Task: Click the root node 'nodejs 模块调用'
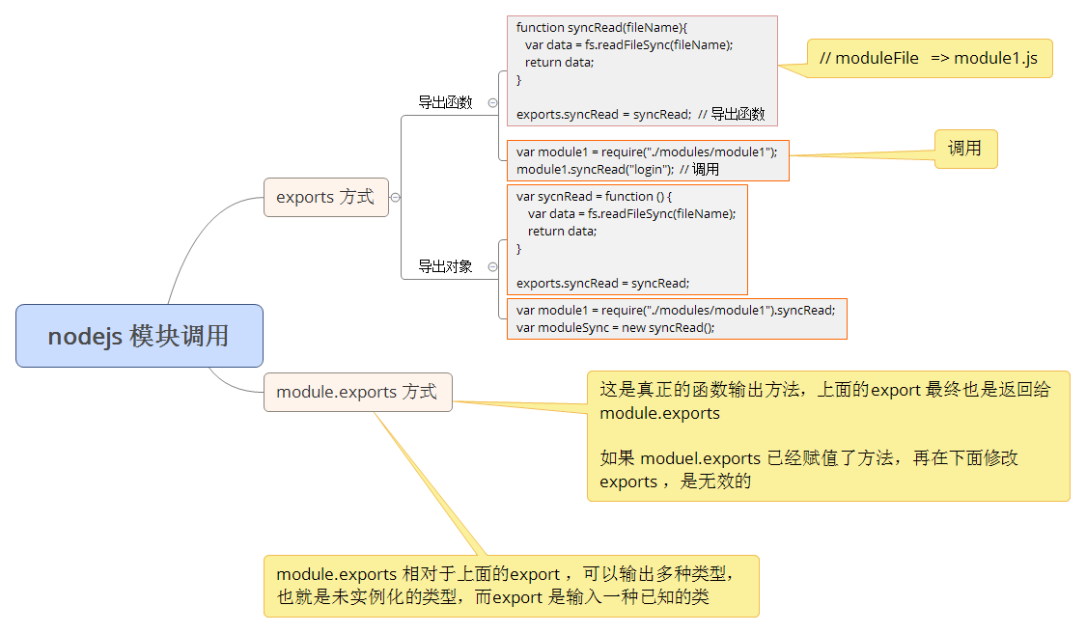[x=139, y=336]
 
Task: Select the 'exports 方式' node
[x=325, y=197]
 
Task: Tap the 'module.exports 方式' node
[x=357, y=392]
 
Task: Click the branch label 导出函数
[x=445, y=102]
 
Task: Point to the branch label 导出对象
[x=445, y=266]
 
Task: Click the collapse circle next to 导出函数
[x=492, y=102]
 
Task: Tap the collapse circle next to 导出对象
[x=492, y=266]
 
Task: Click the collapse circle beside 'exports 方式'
[x=395, y=197]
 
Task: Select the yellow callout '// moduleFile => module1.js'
[x=928, y=58]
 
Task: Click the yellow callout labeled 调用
[x=964, y=149]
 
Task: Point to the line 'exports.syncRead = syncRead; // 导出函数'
[x=640, y=114]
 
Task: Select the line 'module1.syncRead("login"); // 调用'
[x=617, y=169]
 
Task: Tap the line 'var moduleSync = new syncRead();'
[x=615, y=327]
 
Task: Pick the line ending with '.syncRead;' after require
[x=675, y=310]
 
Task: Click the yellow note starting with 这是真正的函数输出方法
[x=827, y=435]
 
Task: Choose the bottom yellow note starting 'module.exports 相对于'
[x=511, y=586]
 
